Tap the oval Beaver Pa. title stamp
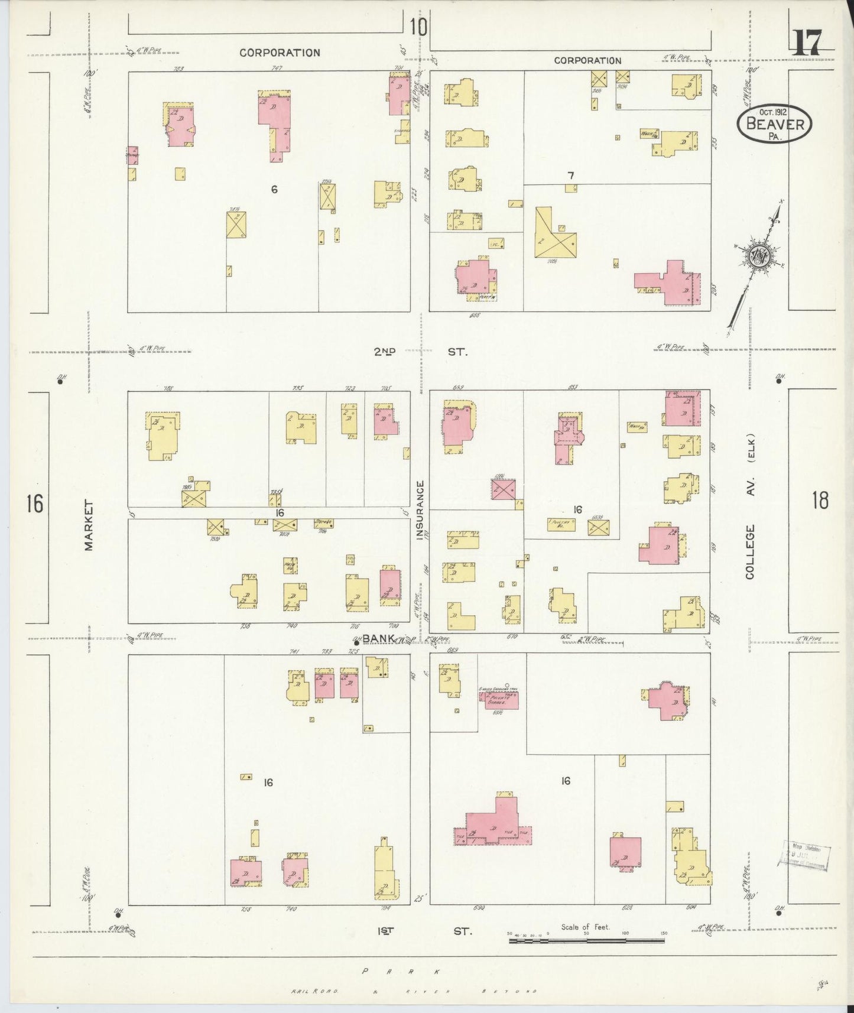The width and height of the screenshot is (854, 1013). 774,125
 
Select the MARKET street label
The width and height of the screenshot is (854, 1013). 89,525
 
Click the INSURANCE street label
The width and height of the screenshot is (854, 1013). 421,509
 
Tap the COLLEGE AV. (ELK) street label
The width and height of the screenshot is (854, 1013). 751,507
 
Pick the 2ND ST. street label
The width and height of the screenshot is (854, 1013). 420,352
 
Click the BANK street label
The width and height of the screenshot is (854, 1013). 378,638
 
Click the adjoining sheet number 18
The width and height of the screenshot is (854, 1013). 820,501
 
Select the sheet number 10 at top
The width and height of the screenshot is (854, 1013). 417,26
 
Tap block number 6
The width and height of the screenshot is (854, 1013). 274,190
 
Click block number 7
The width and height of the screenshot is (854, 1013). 570,176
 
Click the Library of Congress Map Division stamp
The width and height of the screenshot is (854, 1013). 807,855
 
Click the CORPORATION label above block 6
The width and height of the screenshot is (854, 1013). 280,53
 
